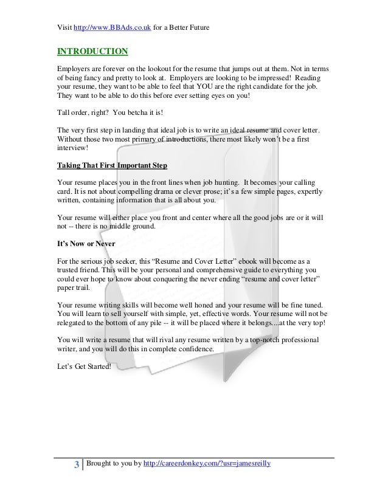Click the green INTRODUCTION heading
(x=92, y=50)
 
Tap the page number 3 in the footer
(x=76, y=466)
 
